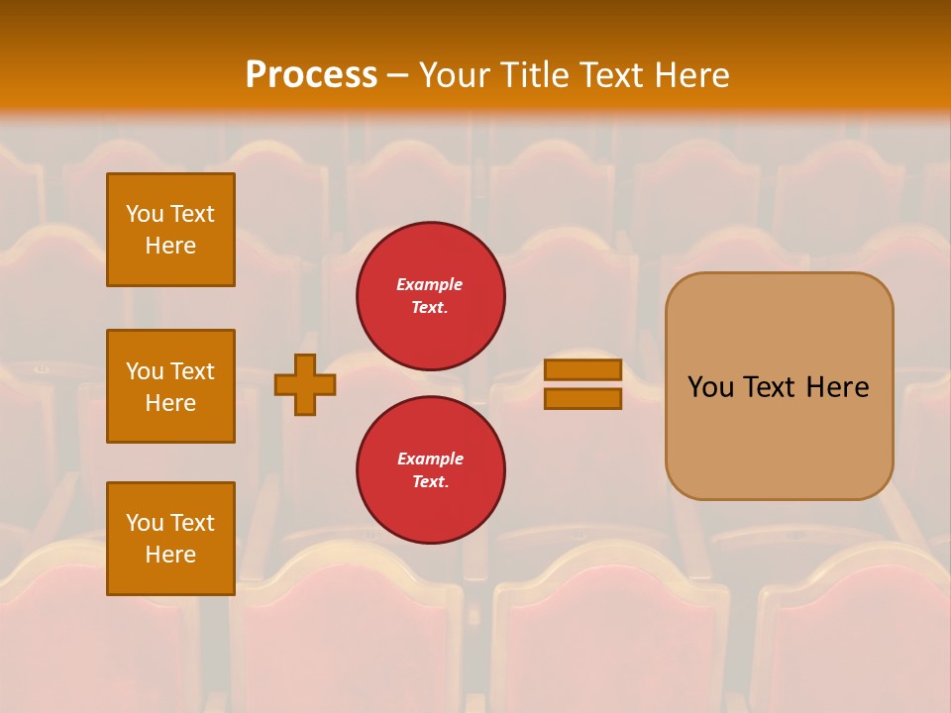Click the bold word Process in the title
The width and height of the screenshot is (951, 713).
pos(311,75)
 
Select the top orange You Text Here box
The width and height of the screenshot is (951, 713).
pos(170,230)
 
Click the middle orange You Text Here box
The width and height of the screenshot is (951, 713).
pos(170,386)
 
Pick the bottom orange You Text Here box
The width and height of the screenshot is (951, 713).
pos(170,539)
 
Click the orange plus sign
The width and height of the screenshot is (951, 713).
pos(305,384)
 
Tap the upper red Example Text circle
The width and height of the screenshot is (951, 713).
pos(430,296)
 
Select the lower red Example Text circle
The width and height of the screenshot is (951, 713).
pos(430,470)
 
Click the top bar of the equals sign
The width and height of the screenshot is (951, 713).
pos(582,369)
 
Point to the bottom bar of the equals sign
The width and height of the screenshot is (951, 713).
pos(582,399)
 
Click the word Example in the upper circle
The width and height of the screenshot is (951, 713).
pos(430,284)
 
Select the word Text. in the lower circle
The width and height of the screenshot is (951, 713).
pos(430,482)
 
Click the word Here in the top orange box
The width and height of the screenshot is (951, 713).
pos(170,246)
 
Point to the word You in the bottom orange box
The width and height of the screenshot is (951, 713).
pos(145,523)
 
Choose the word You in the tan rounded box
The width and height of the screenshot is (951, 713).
pos(710,387)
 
